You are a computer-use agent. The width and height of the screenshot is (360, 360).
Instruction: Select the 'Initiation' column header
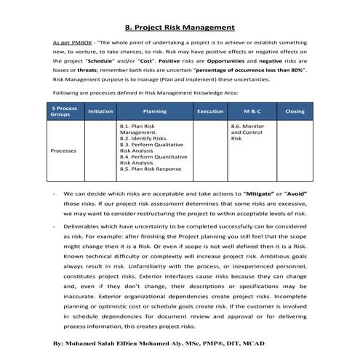[x=100, y=111]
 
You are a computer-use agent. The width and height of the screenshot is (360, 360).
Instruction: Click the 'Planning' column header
[x=155, y=111]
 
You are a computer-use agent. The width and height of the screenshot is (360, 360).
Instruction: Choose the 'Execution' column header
[x=210, y=111]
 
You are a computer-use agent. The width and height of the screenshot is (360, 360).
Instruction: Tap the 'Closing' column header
[x=295, y=111]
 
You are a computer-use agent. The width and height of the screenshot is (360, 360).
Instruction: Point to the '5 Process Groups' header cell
[x=64, y=111]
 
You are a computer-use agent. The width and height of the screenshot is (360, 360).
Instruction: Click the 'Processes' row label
[x=64, y=151]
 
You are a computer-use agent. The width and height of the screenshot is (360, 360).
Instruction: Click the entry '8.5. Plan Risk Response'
[x=151, y=169]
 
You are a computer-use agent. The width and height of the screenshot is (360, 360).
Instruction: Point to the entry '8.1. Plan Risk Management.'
[x=138, y=129]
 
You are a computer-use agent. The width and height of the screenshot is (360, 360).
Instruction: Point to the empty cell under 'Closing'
[x=295, y=151]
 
